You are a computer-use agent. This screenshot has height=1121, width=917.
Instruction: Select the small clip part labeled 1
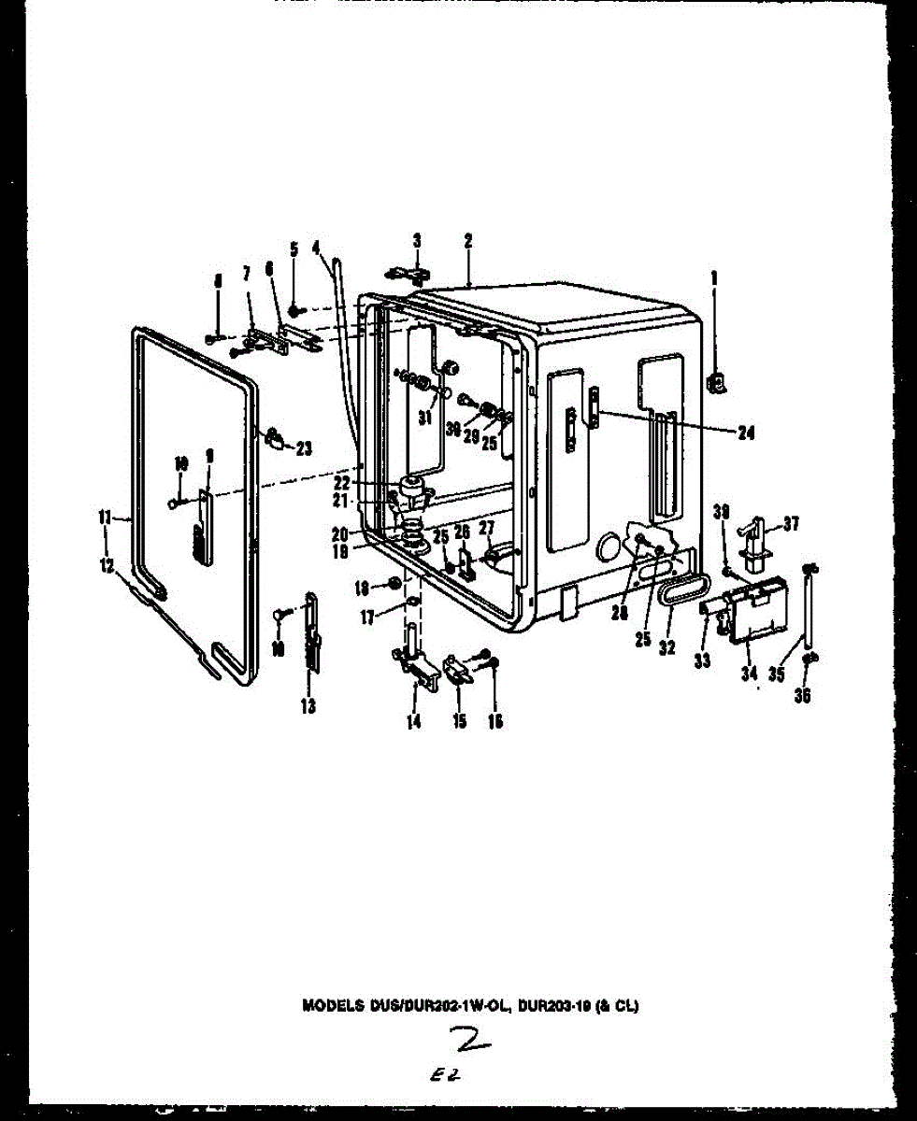[718, 381]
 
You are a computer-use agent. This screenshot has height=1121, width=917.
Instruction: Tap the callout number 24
[746, 433]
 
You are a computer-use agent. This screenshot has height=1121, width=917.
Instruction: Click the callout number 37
[792, 524]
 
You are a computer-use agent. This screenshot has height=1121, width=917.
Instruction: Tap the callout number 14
[413, 720]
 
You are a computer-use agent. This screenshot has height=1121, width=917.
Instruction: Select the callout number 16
[495, 720]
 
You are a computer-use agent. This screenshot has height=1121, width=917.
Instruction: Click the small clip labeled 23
[276, 437]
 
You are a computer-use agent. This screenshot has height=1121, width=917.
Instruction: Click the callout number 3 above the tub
[417, 241]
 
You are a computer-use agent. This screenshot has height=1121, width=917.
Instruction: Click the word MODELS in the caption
[326, 1006]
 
